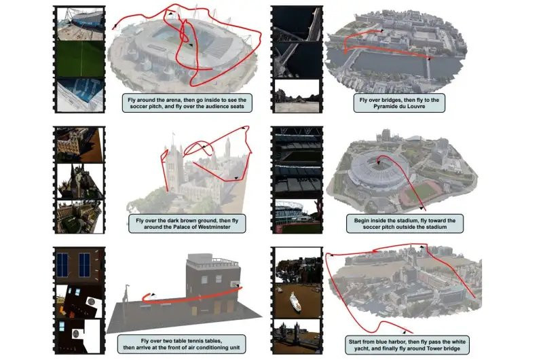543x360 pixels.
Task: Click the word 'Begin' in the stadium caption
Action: pyautogui.click(x=362, y=220)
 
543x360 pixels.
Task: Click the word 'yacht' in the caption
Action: pyautogui.click(x=362, y=348)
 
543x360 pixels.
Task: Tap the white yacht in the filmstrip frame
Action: pyautogui.click(x=295, y=302)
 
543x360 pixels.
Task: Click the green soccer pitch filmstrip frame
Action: pyautogui.click(x=80, y=59)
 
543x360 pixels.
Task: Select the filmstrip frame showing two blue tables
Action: pyautogui.click(x=79, y=265)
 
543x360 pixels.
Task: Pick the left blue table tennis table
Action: pyautogui.click(x=62, y=265)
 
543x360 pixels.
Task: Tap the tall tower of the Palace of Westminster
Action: pyautogui.click(x=174, y=166)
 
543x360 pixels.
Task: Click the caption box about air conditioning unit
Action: pyautogui.click(x=181, y=344)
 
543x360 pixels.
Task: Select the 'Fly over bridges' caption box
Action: pyautogui.click(x=399, y=103)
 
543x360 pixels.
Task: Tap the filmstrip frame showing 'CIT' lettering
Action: pyautogui.click(x=80, y=94)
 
